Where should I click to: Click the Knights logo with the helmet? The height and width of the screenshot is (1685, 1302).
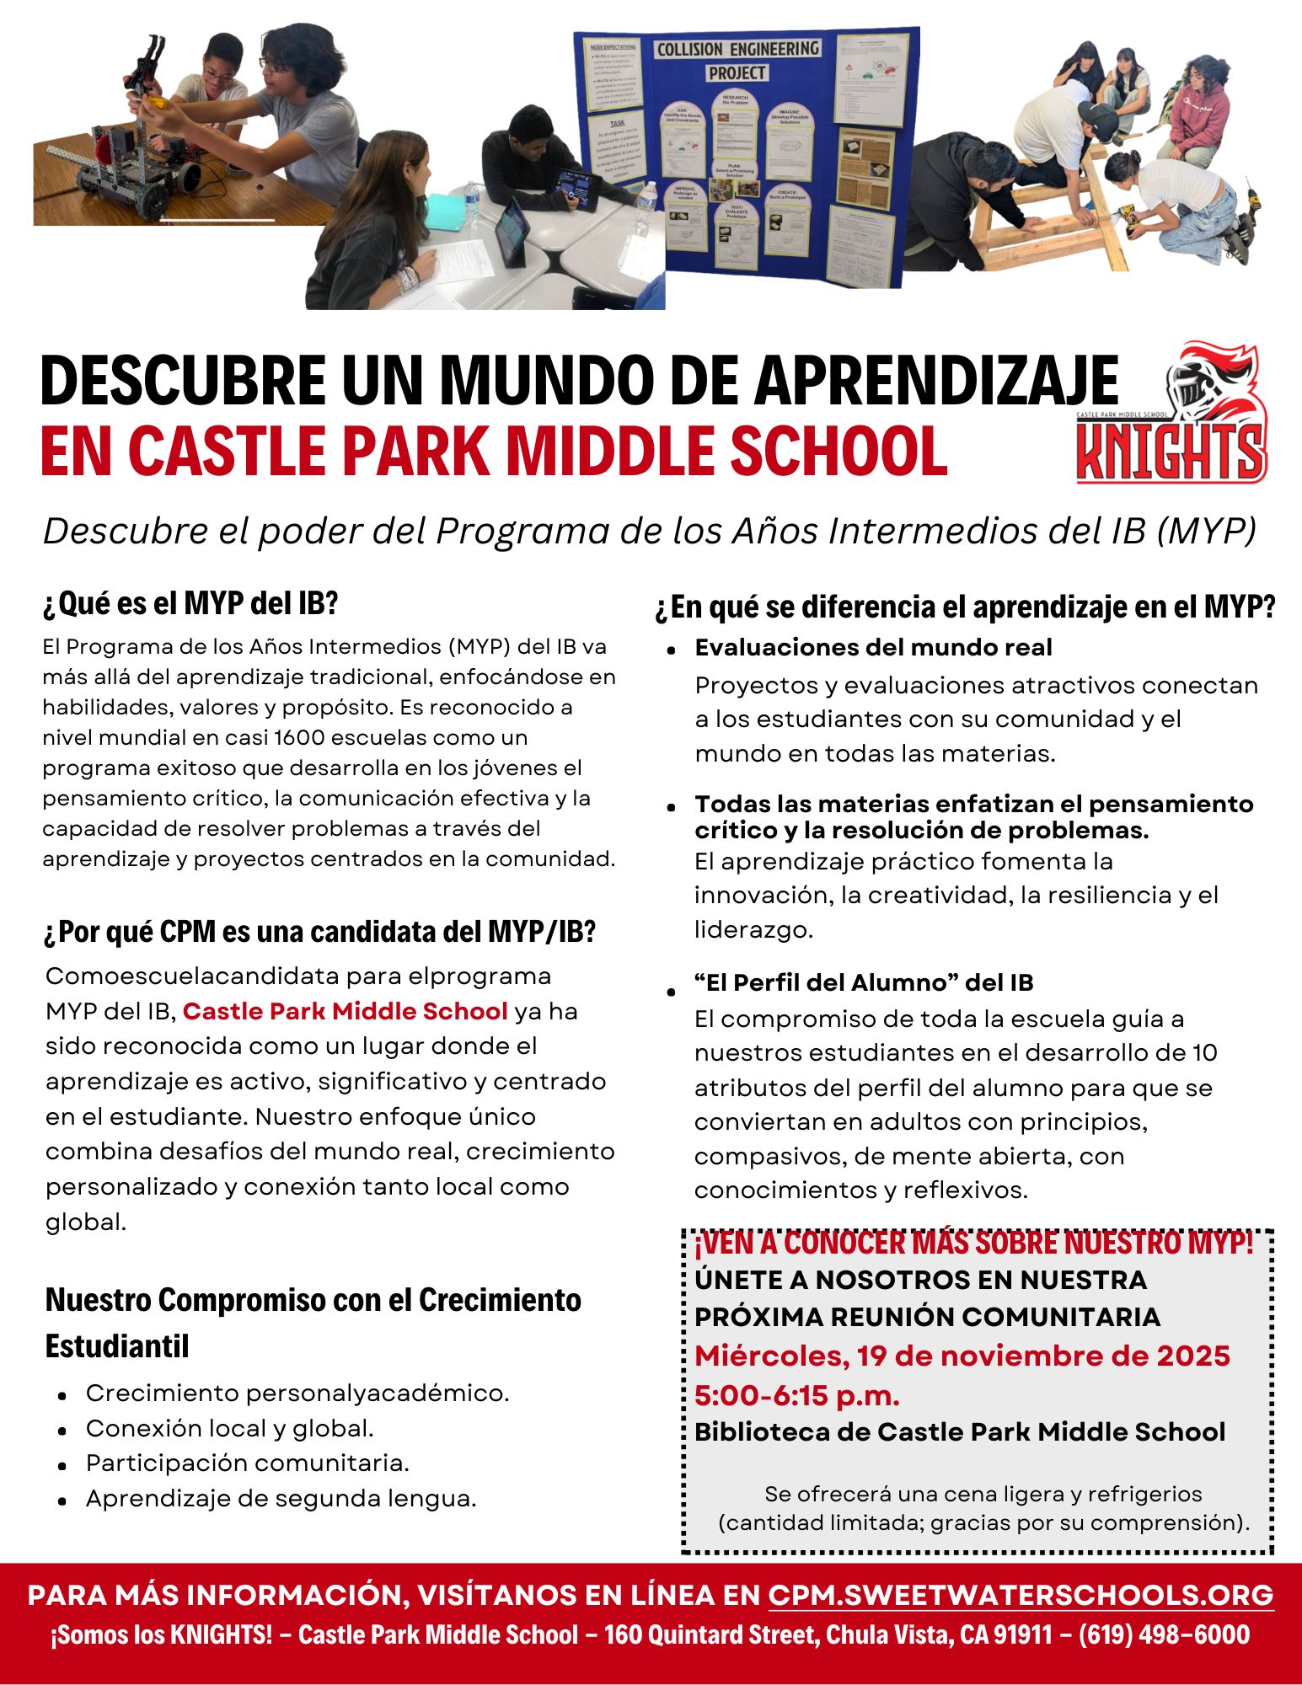1172,413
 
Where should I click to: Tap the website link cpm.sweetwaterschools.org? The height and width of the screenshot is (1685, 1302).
1021,1595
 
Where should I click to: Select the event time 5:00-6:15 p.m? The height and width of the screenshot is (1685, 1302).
797,1396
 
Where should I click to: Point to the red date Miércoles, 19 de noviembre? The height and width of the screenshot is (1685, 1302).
962,1356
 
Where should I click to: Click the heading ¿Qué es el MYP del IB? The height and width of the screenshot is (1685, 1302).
190,603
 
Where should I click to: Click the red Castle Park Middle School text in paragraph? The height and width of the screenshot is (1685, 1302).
345,1011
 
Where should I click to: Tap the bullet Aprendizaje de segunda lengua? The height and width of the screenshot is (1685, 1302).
281,1499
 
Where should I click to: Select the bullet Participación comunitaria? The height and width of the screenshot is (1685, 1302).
247,1463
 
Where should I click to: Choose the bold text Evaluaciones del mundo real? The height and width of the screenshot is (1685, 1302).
873,647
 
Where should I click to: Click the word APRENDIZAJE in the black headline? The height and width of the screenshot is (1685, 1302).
935,381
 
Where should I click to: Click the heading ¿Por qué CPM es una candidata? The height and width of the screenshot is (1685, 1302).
320,932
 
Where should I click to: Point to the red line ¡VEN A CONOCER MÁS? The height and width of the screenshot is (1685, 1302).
973,1243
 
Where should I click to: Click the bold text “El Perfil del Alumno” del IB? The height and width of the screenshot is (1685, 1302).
864,982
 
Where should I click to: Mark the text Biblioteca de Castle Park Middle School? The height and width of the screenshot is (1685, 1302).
960,1432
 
